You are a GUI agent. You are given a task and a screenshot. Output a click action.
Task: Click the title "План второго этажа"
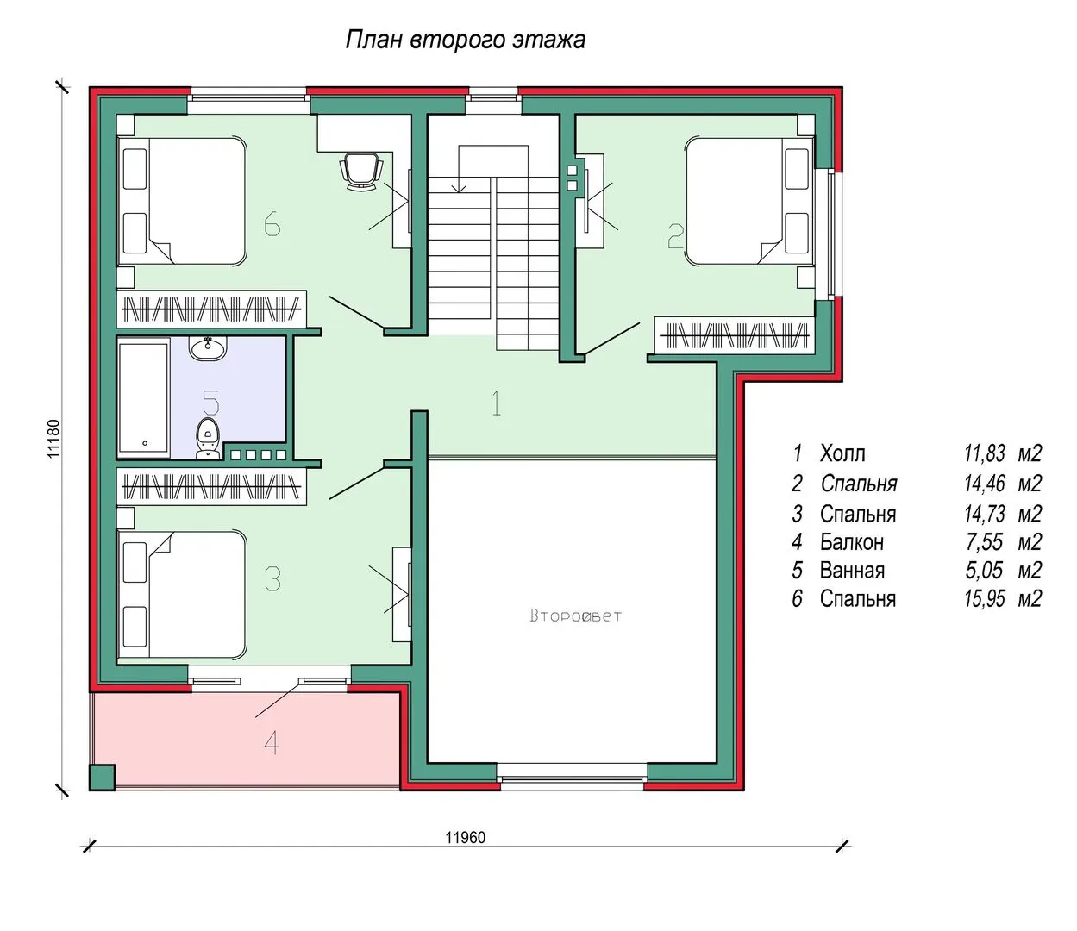[466, 41]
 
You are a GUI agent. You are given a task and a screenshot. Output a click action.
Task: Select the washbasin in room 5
[207, 348]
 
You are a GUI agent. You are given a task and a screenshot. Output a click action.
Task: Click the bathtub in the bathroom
[144, 397]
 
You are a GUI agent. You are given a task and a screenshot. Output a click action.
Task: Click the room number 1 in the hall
[497, 403]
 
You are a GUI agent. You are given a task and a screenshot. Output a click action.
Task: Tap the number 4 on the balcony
[272, 742]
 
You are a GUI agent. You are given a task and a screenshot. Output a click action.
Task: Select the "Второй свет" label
[575, 615]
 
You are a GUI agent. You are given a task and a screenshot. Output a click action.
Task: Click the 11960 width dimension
[466, 837]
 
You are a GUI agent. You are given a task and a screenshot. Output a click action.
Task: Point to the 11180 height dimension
[53, 439]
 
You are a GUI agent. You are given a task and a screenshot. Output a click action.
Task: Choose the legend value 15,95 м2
[1003, 598]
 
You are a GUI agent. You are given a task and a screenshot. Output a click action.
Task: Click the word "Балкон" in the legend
[851, 542]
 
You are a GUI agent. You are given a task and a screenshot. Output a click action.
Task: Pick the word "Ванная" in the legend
[852, 571]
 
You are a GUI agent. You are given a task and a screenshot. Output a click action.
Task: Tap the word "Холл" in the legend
[842, 453]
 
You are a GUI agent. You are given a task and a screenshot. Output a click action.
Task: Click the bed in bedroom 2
[749, 201]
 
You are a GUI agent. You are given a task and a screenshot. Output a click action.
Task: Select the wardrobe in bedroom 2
[735, 335]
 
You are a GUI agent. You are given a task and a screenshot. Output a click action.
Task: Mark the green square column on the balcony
[102, 778]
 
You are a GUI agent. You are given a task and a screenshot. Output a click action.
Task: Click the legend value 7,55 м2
[1003, 542]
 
